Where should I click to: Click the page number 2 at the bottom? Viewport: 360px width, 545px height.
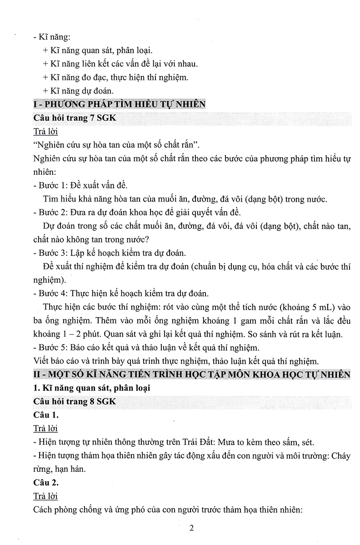click(191, 528)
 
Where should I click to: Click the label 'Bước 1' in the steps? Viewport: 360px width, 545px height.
click(52, 186)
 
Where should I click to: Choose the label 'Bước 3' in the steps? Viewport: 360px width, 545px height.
click(52, 253)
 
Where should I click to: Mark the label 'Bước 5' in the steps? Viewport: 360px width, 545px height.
click(52, 348)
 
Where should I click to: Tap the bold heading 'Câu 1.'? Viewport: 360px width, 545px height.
click(46, 415)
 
